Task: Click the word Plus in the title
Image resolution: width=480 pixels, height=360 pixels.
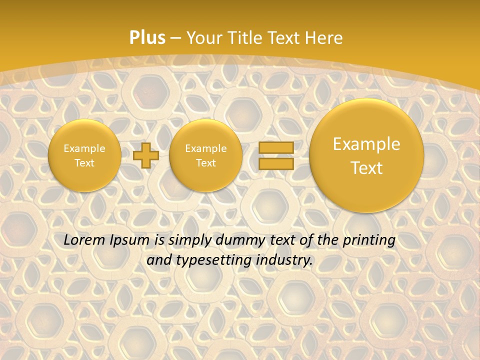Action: [147, 38]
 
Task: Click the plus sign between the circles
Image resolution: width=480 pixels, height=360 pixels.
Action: [146, 155]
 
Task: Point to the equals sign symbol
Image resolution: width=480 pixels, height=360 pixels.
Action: [276, 155]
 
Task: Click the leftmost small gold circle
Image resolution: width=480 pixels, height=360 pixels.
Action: [84, 155]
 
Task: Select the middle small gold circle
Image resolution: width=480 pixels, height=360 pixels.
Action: [205, 155]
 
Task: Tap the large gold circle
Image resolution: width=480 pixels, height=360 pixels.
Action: [366, 155]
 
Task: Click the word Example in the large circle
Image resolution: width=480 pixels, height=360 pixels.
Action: [366, 144]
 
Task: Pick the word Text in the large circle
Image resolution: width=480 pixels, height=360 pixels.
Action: [366, 168]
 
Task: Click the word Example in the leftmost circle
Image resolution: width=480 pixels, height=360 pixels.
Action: [84, 148]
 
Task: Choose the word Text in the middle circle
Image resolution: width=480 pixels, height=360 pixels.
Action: [205, 163]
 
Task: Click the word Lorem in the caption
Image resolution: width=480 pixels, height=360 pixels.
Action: [85, 240]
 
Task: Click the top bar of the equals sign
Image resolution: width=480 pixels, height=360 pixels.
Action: [276, 148]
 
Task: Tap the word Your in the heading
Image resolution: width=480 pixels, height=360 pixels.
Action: [202, 38]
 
